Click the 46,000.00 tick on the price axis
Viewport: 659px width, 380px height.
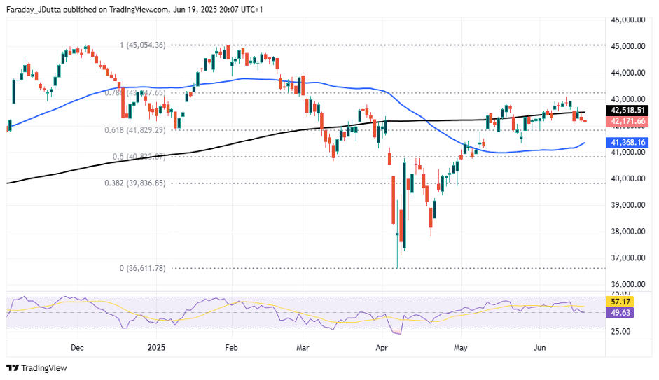(628, 20)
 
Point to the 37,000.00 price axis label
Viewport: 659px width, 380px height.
(628, 258)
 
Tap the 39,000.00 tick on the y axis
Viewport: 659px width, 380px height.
(628, 205)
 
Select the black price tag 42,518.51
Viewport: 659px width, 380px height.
(627, 111)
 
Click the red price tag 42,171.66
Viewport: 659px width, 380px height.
(627, 121)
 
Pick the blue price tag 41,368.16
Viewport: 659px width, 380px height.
(627, 143)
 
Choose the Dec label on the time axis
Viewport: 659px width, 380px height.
(77, 347)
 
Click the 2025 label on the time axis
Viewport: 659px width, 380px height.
(155, 347)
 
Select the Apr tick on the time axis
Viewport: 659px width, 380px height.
(382, 347)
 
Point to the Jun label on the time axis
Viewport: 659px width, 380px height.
(539, 347)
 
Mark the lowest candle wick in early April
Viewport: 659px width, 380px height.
(397, 266)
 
